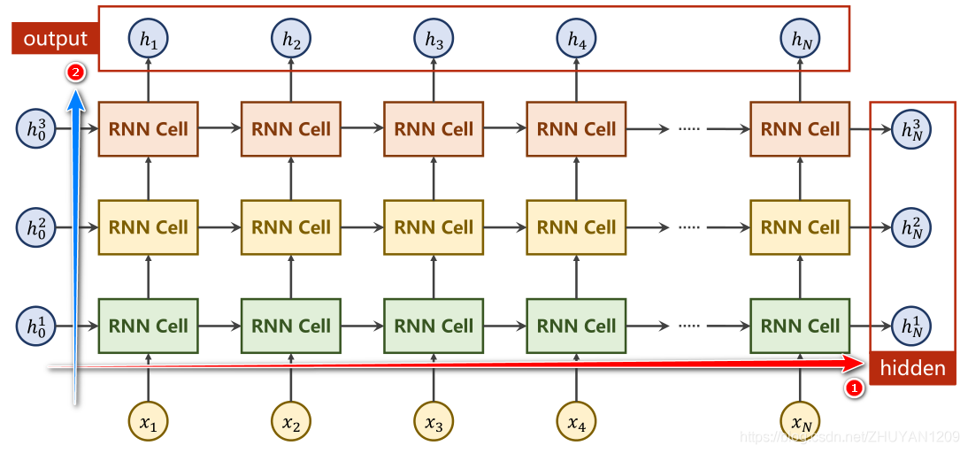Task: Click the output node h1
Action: pyautogui.click(x=148, y=39)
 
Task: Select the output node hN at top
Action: pyautogui.click(x=800, y=39)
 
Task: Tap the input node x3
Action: pyautogui.click(x=434, y=423)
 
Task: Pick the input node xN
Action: pyautogui.click(x=800, y=423)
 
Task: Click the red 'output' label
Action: pyautogui.click(x=55, y=39)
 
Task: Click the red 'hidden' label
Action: pyautogui.click(x=912, y=368)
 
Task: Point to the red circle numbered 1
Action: pyautogui.click(x=854, y=388)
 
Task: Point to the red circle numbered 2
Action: pyautogui.click(x=76, y=73)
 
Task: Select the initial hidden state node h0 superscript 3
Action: pyautogui.click(x=35, y=129)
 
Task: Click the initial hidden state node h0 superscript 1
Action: pyautogui.click(x=35, y=326)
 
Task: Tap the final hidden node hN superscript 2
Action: pyautogui.click(x=912, y=227)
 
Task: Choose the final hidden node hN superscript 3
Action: pyautogui.click(x=912, y=129)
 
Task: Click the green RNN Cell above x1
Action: pyautogui.click(x=148, y=326)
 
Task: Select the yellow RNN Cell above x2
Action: pyautogui.click(x=291, y=227)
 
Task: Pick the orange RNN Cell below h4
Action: pyautogui.click(x=576, y=129)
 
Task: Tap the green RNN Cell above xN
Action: pyautogui.click(x=800, y=326)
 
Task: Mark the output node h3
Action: pyautogui.click(x=434, y=39)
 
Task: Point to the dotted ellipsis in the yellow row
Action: pyautogui.click(x=689, y=227)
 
